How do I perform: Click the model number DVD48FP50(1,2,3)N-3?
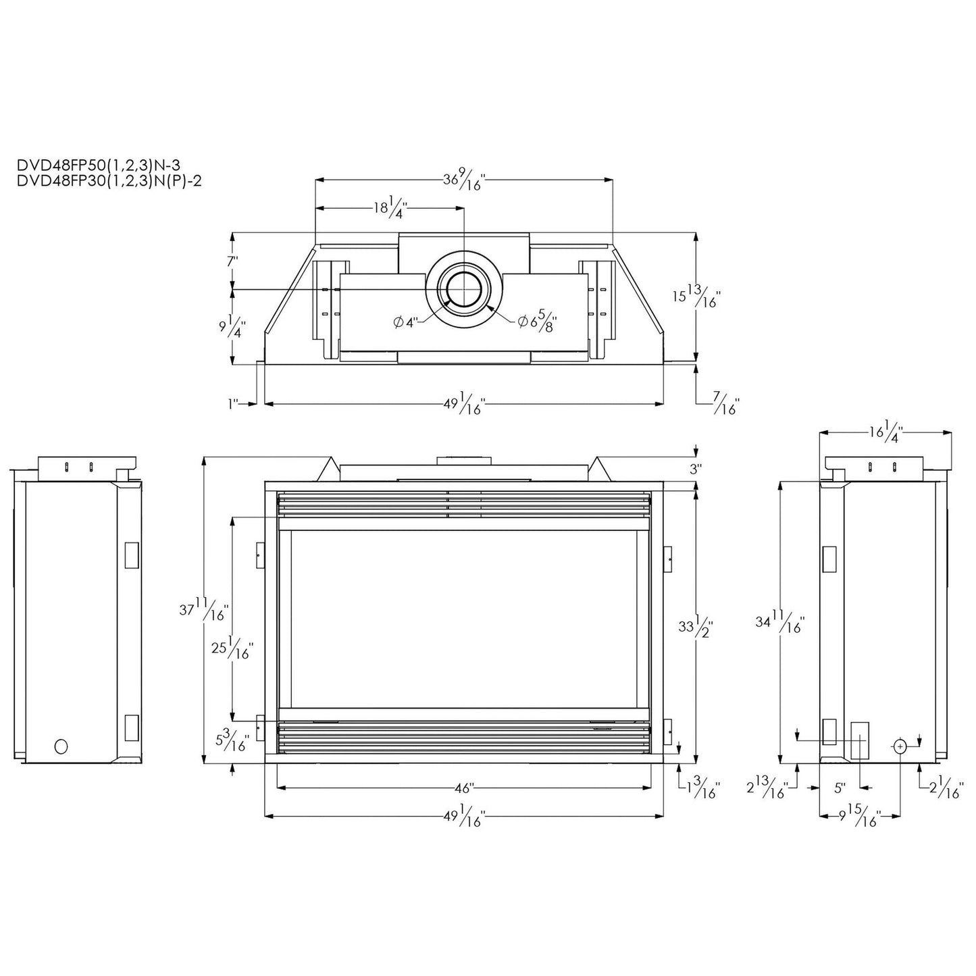tap(99, 163)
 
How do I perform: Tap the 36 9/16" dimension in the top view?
tap(464, 180)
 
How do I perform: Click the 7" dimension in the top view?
tap(232, 261)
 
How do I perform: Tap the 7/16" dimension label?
tap(727, 405)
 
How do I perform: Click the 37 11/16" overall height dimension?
tap(203, 609)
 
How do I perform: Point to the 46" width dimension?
tap(464, 788)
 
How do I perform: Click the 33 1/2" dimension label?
tap(696, 627)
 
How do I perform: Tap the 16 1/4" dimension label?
tap(885, 431)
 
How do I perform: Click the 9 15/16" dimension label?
tap(859, 817)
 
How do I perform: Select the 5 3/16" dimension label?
tap(231, 740)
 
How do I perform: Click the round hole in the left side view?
tap(61, 746)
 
